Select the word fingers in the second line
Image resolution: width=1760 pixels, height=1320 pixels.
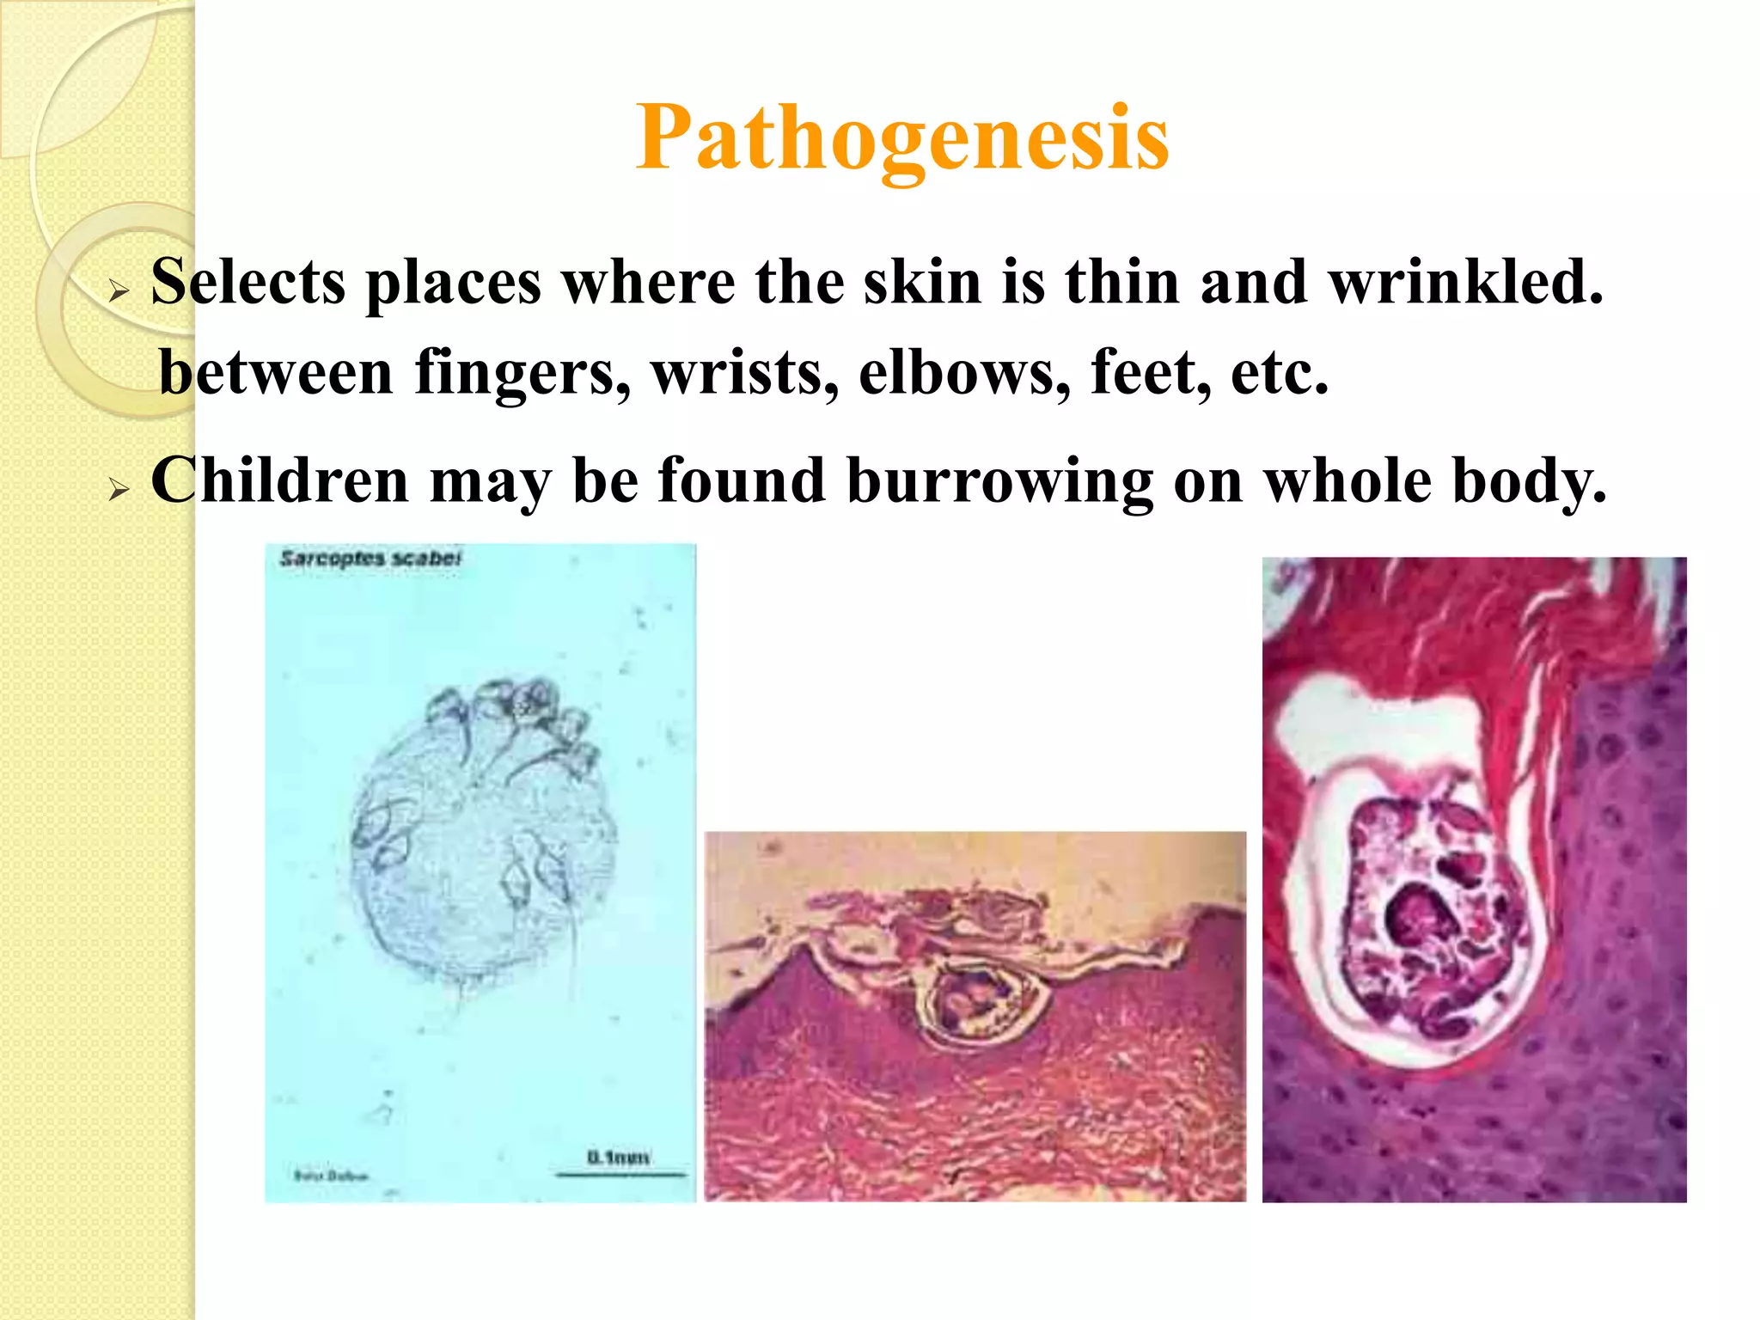[x=522, y=373]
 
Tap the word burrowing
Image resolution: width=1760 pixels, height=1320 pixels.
[x=1000, y=481]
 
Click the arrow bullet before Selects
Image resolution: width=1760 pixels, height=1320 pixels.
[x=119, y=292]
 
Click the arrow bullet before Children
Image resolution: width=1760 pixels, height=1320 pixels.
[x=119, y=490]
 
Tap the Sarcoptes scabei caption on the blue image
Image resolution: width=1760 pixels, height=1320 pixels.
[x=370, y=559]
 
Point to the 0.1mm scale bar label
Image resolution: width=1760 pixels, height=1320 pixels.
[x=618, y=1158]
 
